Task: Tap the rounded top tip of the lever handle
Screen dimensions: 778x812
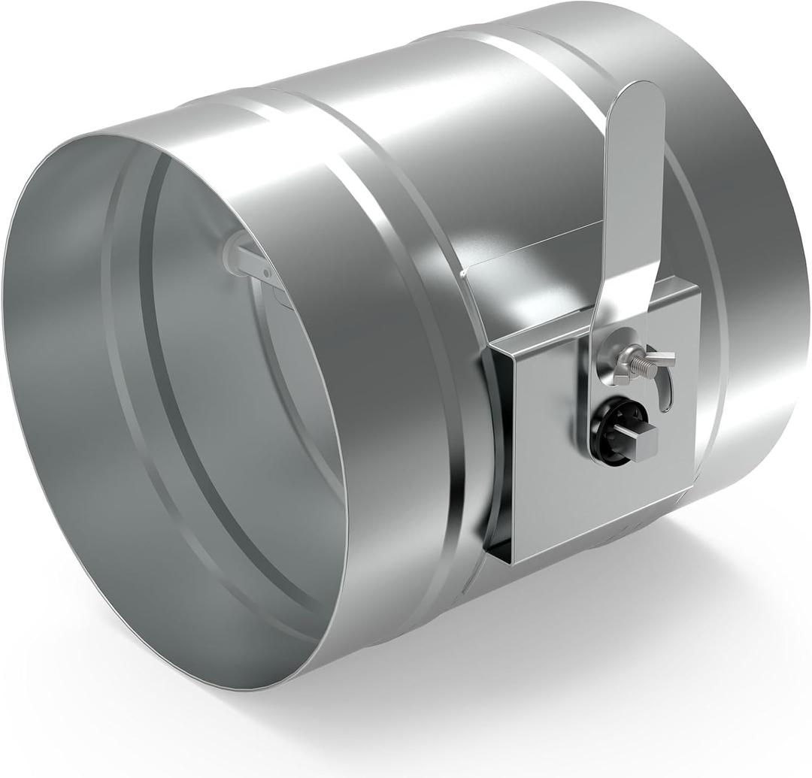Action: click(x=638, y=93)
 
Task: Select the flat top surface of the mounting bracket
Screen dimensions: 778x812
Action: click(x=571, y=301)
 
